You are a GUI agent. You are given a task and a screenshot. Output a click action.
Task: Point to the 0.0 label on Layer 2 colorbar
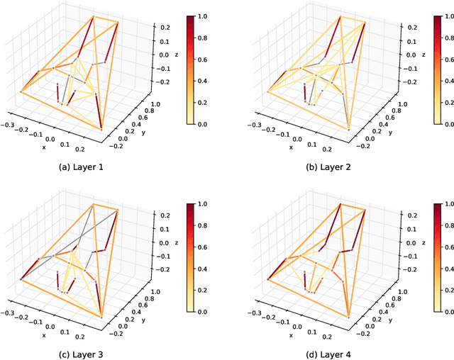(x=449, y=123)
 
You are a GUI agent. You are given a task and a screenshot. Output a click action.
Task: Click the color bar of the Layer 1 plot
(x=188, y=69)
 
